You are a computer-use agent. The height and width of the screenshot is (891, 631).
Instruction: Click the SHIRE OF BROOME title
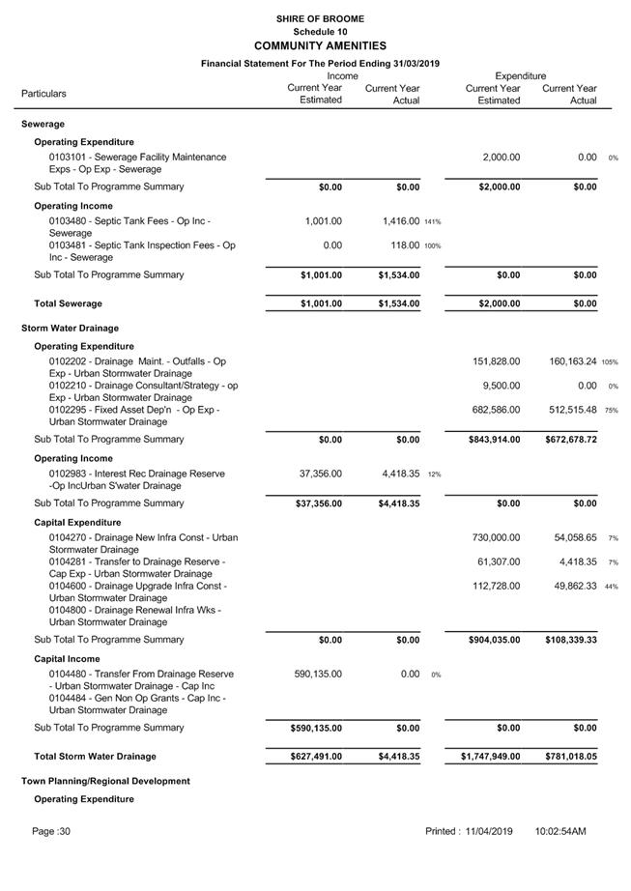(x=320, y=18)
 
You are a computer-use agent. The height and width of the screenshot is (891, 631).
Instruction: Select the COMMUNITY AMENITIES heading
(x=320, y=45)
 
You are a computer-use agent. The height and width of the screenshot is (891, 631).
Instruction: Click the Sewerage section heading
(x=43, y=125)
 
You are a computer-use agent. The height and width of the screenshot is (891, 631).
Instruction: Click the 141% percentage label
(x=432, y=222)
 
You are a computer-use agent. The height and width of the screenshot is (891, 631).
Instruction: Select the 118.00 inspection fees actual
(x=404, y=245)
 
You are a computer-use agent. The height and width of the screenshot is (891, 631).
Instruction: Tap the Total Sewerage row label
(x=68, y=303)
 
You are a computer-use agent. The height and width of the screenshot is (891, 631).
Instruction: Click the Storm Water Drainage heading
(x=71, y=329)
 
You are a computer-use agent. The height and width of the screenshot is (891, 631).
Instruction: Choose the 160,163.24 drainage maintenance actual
(x=569, y=361)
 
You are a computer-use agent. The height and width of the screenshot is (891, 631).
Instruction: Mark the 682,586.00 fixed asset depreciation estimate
(x=496, y=410)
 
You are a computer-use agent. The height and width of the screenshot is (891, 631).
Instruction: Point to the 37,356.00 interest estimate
(x=322, y=474)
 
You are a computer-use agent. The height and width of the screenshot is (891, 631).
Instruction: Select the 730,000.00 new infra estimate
(x=496, y=537)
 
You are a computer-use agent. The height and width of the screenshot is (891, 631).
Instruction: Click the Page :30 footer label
(x=51, y=831)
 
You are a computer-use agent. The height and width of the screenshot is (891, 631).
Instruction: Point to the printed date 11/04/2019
(x=488, y=831)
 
